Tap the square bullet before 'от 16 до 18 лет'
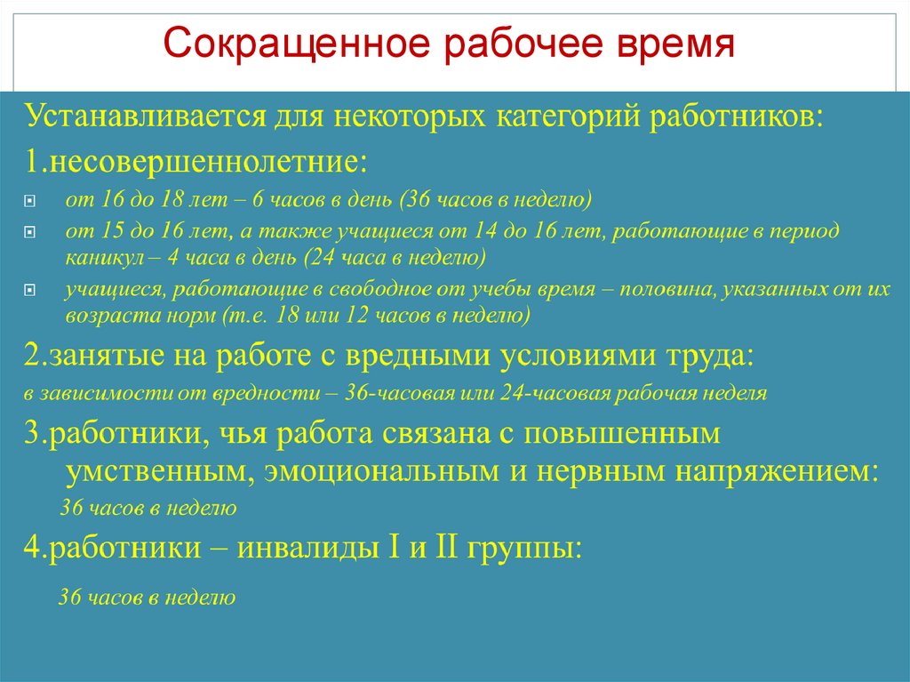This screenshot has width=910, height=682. tap(29, 202)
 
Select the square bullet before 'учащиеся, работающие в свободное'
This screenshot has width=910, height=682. tap(29, 291)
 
